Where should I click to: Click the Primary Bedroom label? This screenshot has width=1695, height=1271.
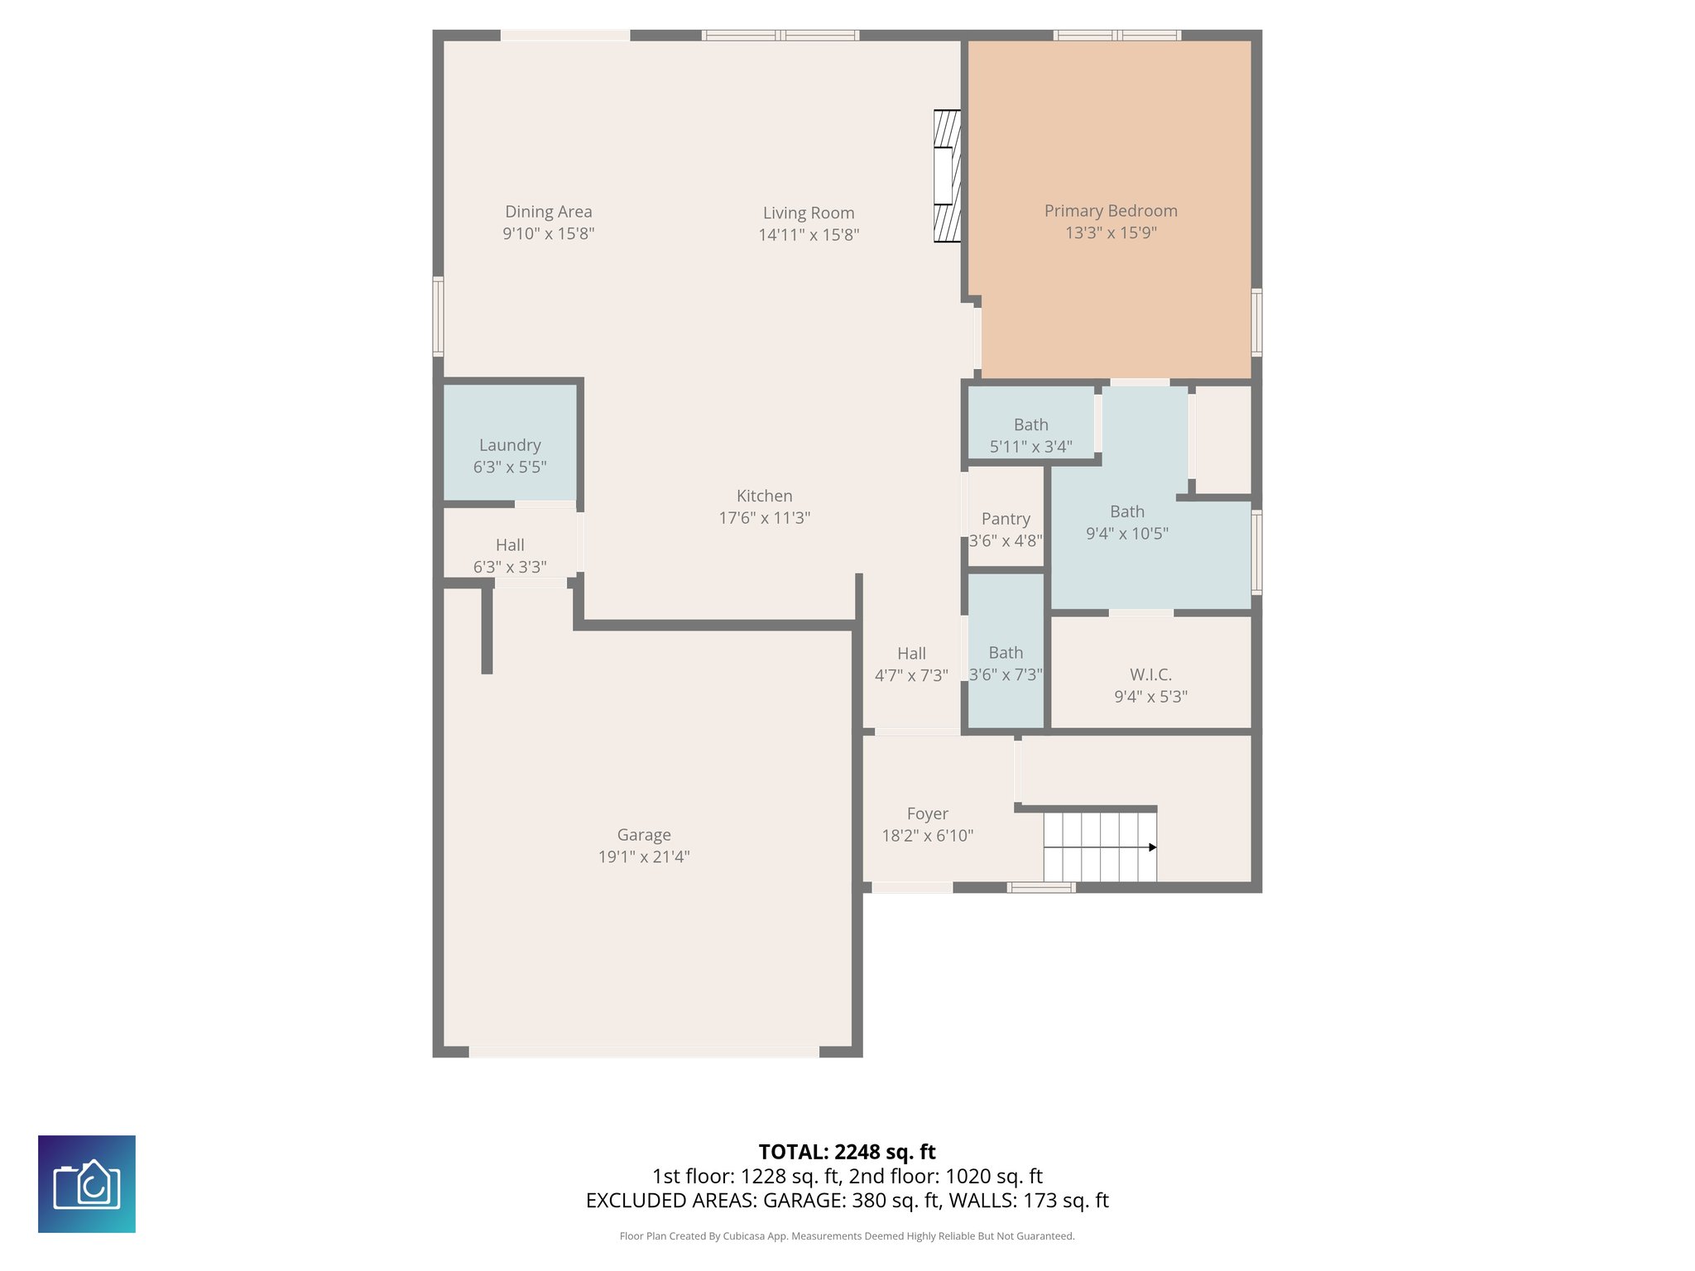point(1110,211)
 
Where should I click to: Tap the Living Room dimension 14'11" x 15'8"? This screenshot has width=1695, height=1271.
point(809,235)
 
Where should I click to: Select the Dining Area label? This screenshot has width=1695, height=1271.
point(548,212)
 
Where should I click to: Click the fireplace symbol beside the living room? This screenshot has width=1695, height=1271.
point(947,176)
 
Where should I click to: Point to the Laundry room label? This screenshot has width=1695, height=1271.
point(510,445)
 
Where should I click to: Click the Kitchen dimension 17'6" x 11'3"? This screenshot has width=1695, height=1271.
point(764,518)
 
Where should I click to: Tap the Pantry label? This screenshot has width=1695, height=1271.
point(1006,519)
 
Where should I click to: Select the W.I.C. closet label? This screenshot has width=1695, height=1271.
point(1150,674)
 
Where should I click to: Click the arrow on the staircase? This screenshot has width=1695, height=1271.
point(1152,847)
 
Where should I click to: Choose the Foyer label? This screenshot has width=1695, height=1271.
point(927,813)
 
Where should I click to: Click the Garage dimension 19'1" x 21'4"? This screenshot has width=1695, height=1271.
point(644,856)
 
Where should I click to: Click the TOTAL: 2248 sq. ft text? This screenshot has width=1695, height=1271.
point(847,1152)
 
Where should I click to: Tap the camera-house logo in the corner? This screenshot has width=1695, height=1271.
point(87,1184)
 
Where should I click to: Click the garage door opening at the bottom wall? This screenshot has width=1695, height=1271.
point(644,1052)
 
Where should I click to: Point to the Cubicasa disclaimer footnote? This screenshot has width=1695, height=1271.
point(847,1236)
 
